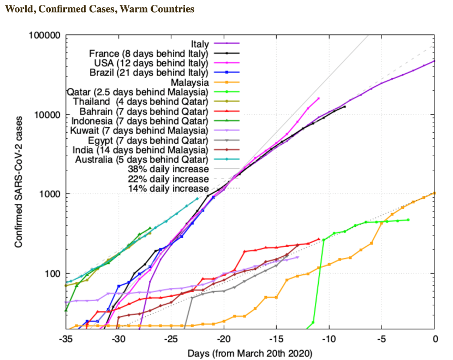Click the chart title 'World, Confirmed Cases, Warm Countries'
pos(99,9)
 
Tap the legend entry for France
pos(148,54)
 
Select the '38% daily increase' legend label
pos(168,169)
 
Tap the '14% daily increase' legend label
pos(168,188)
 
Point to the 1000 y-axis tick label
pos(49,194)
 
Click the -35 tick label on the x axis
pos(65,339)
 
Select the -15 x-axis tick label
pos(276,339)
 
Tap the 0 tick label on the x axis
pos(435,339)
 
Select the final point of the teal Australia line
pos(197,199)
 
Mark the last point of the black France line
pos(344,107)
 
